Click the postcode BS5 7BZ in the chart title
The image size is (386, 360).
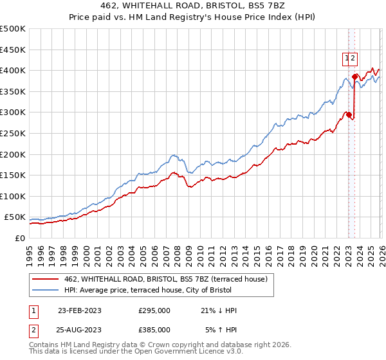click(273, 4)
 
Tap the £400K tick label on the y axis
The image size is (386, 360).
click(12, 70)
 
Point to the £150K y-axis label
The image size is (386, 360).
click(12, 175)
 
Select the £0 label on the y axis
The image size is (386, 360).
click(19, 238)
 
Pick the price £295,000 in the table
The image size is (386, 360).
click(154, 310)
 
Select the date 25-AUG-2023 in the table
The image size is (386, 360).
click(80, 329)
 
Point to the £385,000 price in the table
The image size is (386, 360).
click(154, 329)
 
